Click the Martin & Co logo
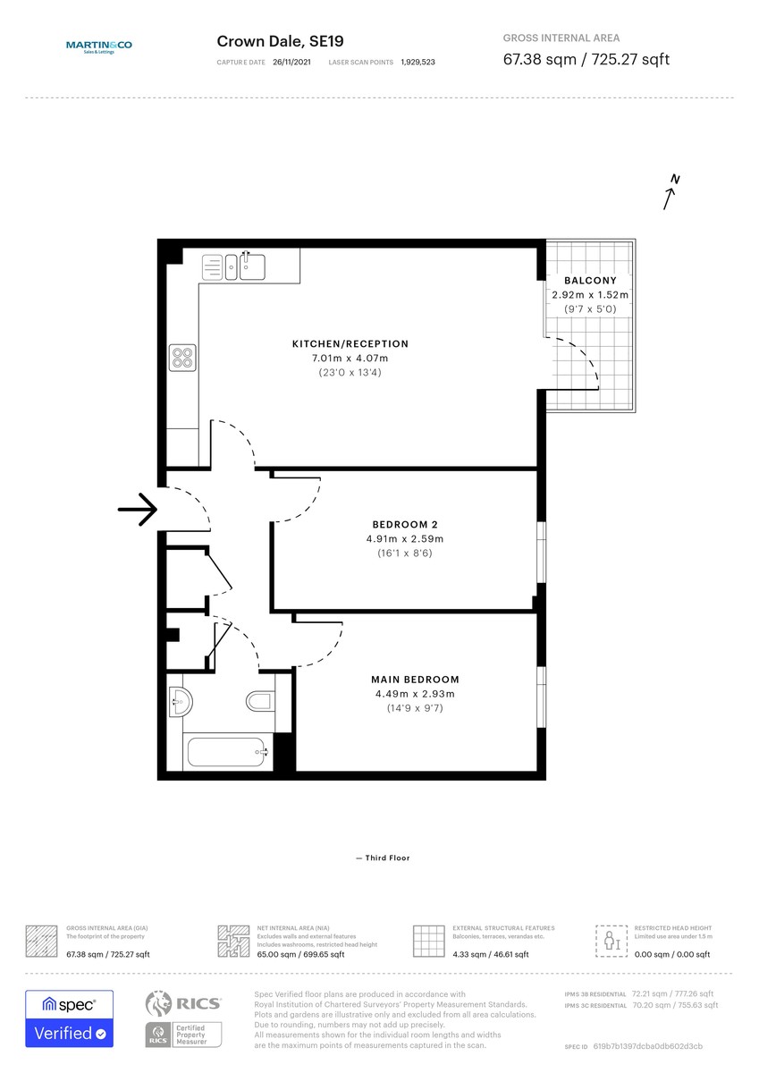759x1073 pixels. tap(98, 46)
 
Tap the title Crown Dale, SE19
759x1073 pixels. tap(280, 41)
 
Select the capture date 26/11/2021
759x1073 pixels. tap(291, 62)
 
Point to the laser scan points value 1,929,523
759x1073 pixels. tap(417, 62)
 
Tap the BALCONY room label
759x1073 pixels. tap(590, 281)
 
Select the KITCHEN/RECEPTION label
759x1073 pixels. tap(350, 344)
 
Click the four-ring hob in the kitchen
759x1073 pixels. tap(182, 358)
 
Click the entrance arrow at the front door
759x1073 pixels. tap(138, 509)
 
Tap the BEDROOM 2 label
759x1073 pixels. tap(405, 525)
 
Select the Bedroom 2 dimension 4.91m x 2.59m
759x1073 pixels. tap(405, 539)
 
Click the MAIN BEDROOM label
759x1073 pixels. tap(415, 680)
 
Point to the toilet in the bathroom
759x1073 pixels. tap(260, 702)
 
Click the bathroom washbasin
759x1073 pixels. tap(181, 703)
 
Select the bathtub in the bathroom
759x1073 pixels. tap(227, 752)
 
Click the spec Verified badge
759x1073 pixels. tap(70, 1018)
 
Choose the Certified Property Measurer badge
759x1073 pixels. tap(183, 1035)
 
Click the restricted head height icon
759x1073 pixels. tap(611, 941)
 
